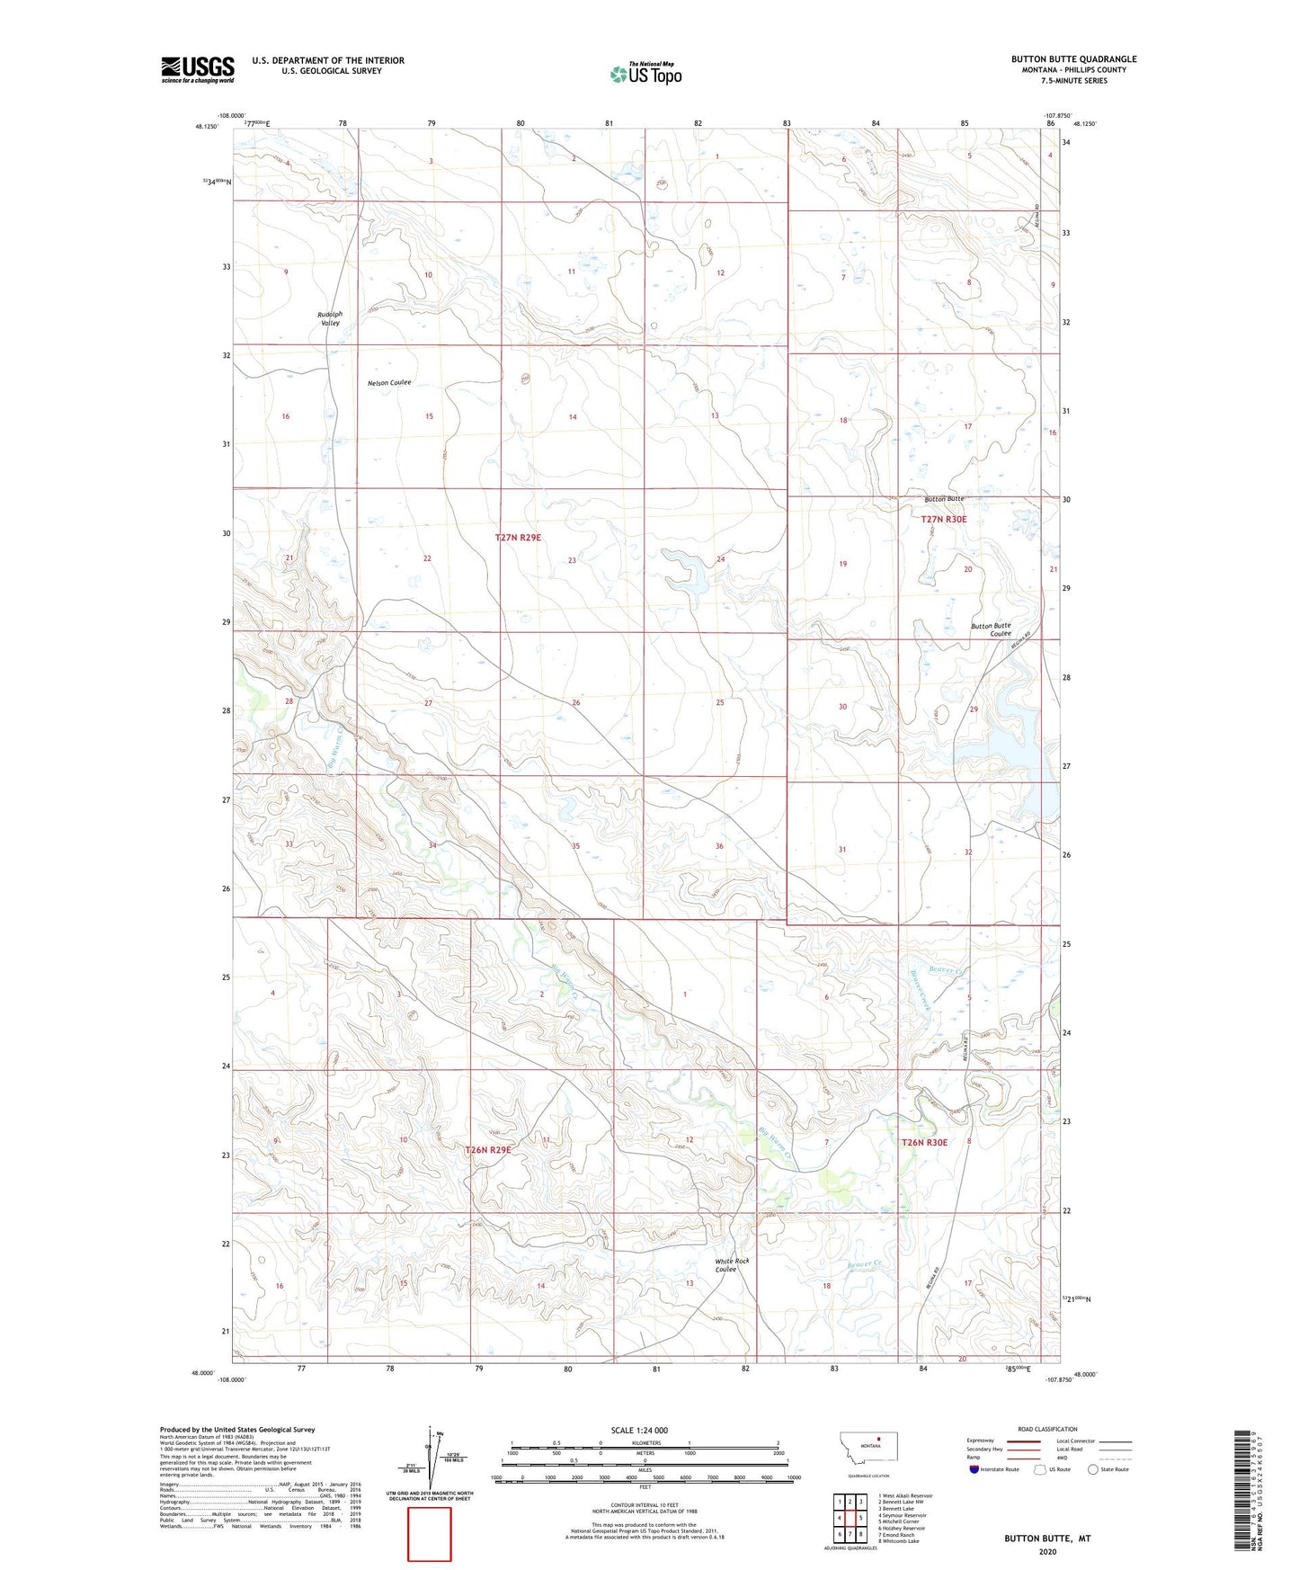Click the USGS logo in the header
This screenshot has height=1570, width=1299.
(197, 69)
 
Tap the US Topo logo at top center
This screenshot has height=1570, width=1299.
(645, 74)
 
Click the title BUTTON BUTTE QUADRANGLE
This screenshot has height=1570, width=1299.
(1073, 59)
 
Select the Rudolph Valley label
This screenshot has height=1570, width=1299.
(330, 318)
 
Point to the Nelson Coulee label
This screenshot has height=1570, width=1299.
(389, 383)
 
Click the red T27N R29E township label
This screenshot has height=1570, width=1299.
(518, 538)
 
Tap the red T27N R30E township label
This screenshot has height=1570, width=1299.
(944, 520)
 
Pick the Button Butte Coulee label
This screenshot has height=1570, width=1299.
(991, 629)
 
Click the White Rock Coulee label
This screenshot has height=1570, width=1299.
(732, 1265)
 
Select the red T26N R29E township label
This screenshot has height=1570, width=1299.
(488, 1150)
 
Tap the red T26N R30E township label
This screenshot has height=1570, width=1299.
(924, 1142)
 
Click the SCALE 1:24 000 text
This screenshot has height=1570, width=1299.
(639, 1430)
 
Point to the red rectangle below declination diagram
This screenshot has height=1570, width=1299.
(430, 1534)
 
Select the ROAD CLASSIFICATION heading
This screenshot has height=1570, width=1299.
(1047, 1429)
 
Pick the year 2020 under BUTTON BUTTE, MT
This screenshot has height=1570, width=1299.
(1047, 1551)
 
